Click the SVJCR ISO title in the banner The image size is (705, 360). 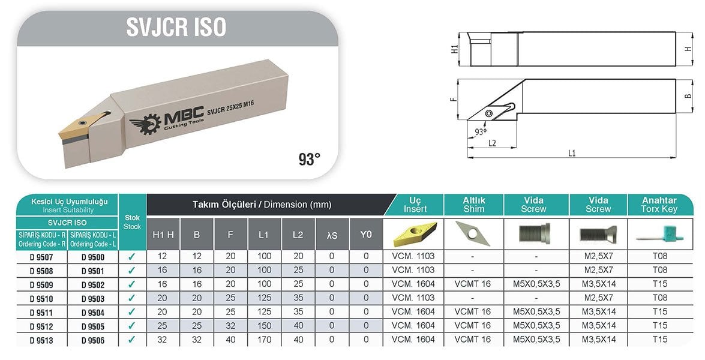point(176,27)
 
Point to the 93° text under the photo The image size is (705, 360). point(310,158)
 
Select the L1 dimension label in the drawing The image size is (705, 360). point(572,153)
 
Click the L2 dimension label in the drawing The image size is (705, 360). point(492,143)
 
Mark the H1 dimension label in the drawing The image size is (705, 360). point(454,49)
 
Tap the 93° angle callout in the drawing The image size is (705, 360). point(481,131)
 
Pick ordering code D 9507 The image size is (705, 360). point(41,257)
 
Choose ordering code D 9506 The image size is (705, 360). point(93,340)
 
